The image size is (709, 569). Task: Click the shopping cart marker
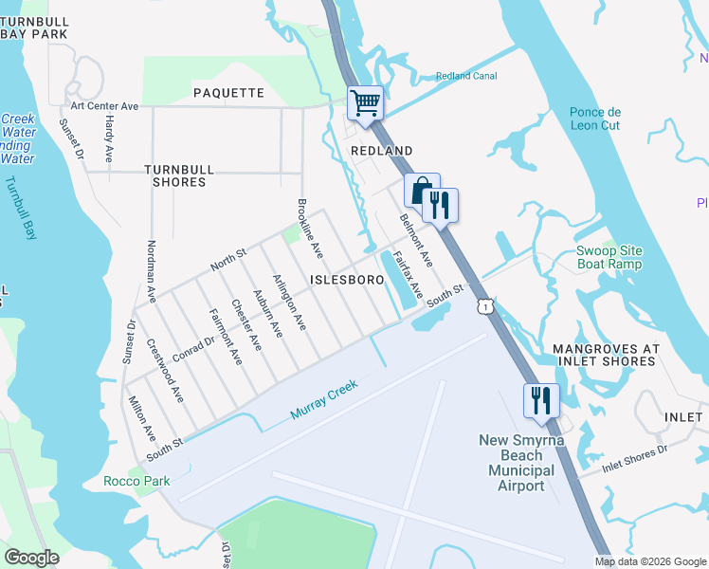pyautogui.click(x=365, y=102)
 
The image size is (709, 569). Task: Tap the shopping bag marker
pyautogui.click(x=421, y=190)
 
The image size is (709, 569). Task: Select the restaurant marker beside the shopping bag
pyautogui.click(x=440, y=205)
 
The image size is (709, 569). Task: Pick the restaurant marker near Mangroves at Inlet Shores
pyautogui.click(x=541, y=399)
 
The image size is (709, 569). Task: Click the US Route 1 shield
pyautogui.click(x=485, y=306)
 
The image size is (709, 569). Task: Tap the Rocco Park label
pyautogui.click(x=136, y=481)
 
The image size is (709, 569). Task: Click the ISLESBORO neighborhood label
pyautogui.click(x=347, y=280)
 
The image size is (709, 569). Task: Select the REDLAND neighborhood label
pyautogui.click(x=382, y=151)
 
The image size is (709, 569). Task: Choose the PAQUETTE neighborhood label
pyautogui.click(x=228, y=92)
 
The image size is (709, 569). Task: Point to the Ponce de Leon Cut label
pyautogui.click(x=594, y=119)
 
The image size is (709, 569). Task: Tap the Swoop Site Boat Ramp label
pyautogui.click(x=609, y=257)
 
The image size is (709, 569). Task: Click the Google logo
pyautogui.click(x=31, y=558)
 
